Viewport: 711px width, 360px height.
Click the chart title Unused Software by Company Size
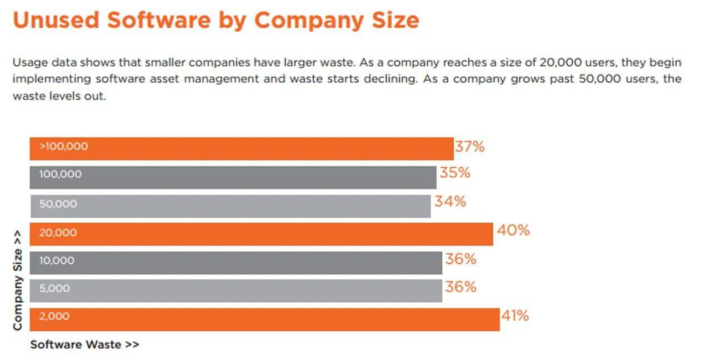point(216,20)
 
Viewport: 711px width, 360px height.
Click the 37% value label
point(470,147)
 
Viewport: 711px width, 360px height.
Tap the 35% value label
point(455,173)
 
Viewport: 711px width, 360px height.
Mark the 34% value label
point(450,202)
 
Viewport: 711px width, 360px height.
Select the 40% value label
point(513,230)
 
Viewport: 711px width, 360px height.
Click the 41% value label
point(515,316)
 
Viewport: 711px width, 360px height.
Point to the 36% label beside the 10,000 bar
point(460,259)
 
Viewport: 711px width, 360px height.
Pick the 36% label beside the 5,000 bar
point(460,287)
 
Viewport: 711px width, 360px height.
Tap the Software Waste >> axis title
point(84,344)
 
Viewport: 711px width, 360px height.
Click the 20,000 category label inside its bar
point(58,233)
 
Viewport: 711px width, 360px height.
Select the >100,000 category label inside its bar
point(63,147)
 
